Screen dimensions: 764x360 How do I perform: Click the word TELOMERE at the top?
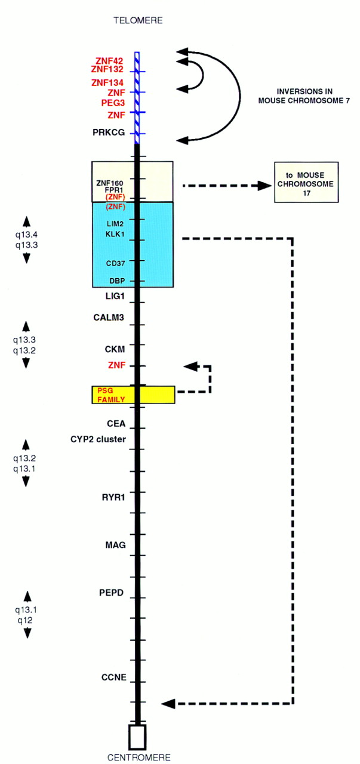[138, 21]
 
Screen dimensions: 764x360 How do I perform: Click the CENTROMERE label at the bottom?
[138, 757]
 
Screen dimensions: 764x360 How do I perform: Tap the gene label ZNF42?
[110, 60]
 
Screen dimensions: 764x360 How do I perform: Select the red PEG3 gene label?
[112, 103]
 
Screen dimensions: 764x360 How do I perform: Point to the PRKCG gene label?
[109, 133]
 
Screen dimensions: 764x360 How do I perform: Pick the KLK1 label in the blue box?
[115, 233]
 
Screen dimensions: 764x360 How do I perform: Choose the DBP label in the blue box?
[116, 281]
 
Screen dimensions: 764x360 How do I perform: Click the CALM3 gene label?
[109, 318]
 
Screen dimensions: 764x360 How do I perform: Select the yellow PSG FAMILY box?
[133, 395]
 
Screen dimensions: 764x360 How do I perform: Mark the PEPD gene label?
[111, 593]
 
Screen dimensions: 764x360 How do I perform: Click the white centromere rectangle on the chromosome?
[138, 737]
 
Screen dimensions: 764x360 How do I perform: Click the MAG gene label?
[115, 544]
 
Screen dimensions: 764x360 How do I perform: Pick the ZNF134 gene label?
[109, 82]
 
